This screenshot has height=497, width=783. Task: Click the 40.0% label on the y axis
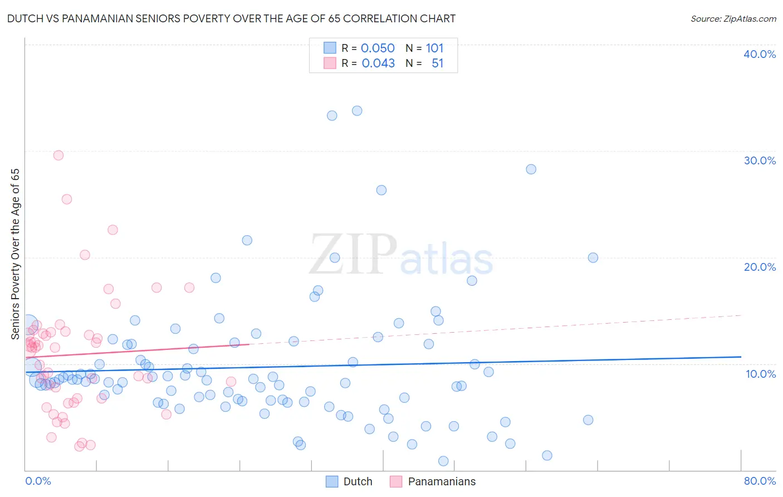click(x=760, y=54)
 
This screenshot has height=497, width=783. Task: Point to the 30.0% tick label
click(x=760, y=160)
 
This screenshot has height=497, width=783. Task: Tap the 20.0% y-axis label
click(x=760, y=267)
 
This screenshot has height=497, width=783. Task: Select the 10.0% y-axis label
click(x=761, y=374)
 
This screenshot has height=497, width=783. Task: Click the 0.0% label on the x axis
click(x=38, y=481)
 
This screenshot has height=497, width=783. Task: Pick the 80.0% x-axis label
click(x=760, y=481)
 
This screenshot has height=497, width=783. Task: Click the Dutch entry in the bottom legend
click(x=358, y=481)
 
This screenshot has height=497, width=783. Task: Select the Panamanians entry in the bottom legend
click(x=442, y=481)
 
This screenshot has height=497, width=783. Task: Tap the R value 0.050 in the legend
click(x=378, y=48)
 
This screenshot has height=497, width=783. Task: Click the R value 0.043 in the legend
click(x=378, y=64)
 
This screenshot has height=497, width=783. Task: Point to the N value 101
click(x=434, y=48)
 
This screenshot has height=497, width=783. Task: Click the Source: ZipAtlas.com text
click(x=733, y=19)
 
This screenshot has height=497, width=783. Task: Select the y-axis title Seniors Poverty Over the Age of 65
click(x=16, y=254)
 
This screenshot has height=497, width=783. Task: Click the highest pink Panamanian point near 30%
click(x=58, y=155)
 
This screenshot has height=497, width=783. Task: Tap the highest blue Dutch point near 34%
click(x=357, y=111)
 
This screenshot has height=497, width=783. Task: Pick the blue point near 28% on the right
click(x=531, y=169)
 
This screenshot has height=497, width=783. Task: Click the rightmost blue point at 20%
click(x=593, y=257)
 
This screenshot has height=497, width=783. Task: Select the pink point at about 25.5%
click(x=67, y=199)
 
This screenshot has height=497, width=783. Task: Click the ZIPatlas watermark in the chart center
click(x=401, y=255)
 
